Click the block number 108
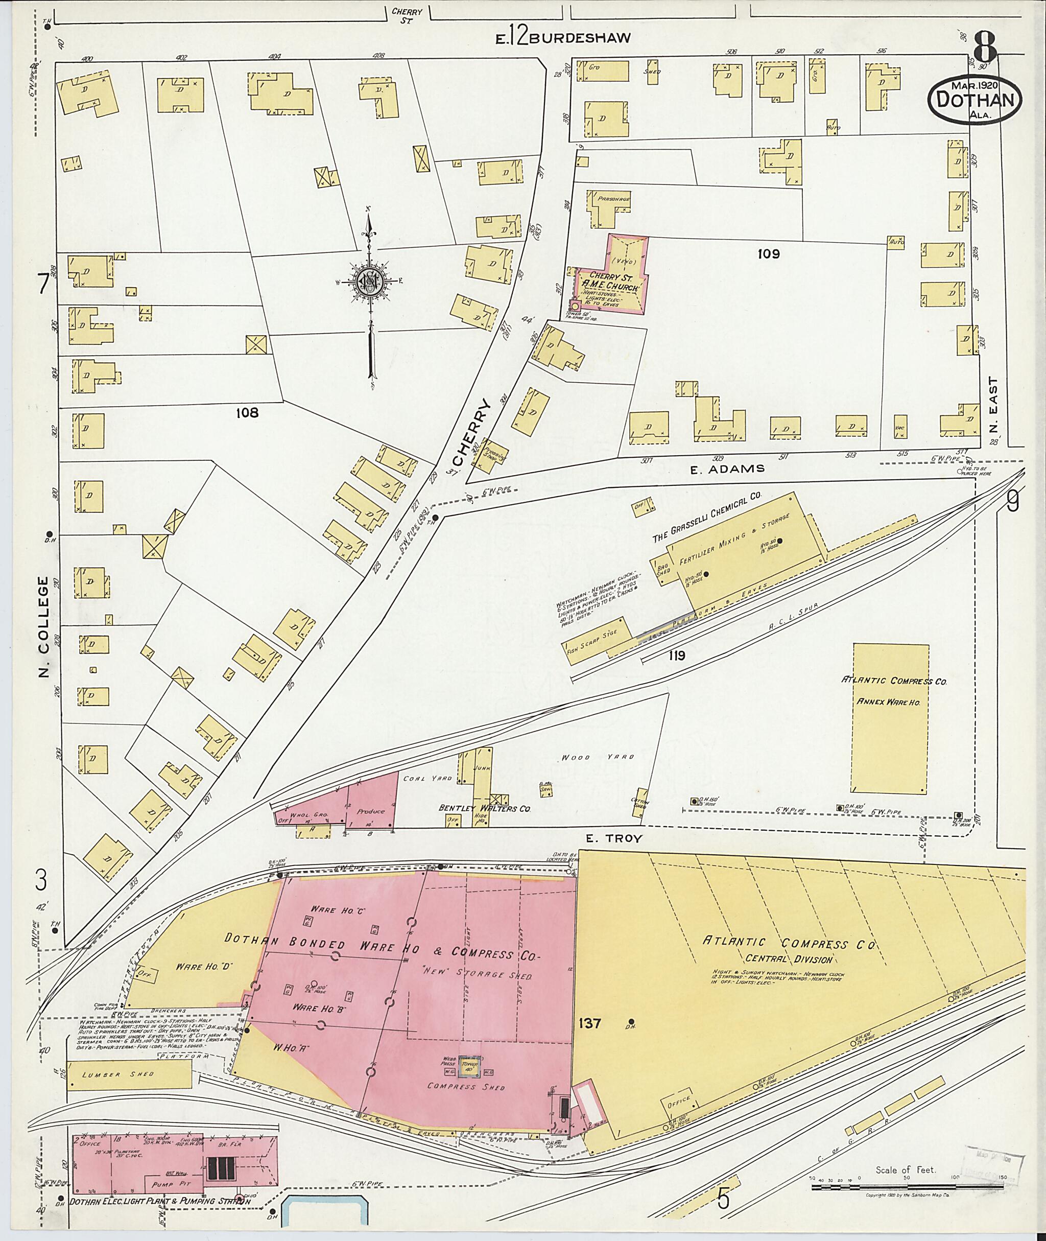click(247, 412)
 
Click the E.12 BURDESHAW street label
click(563, 38)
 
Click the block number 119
click(677, 655)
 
